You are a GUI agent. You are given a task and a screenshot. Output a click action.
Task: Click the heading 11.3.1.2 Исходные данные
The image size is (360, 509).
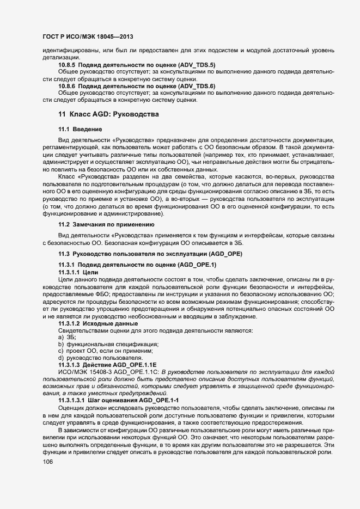click(94, 323)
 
